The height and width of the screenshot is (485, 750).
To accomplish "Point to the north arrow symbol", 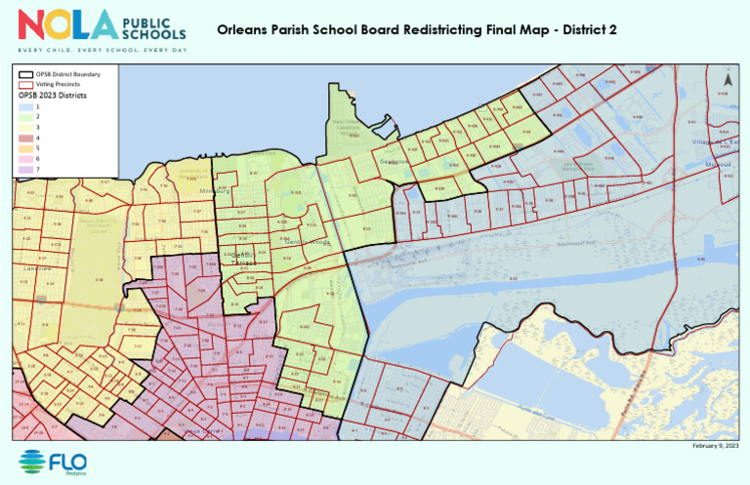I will (726, 77).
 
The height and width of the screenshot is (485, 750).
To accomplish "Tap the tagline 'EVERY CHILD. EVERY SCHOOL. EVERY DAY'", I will (101, 48).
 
